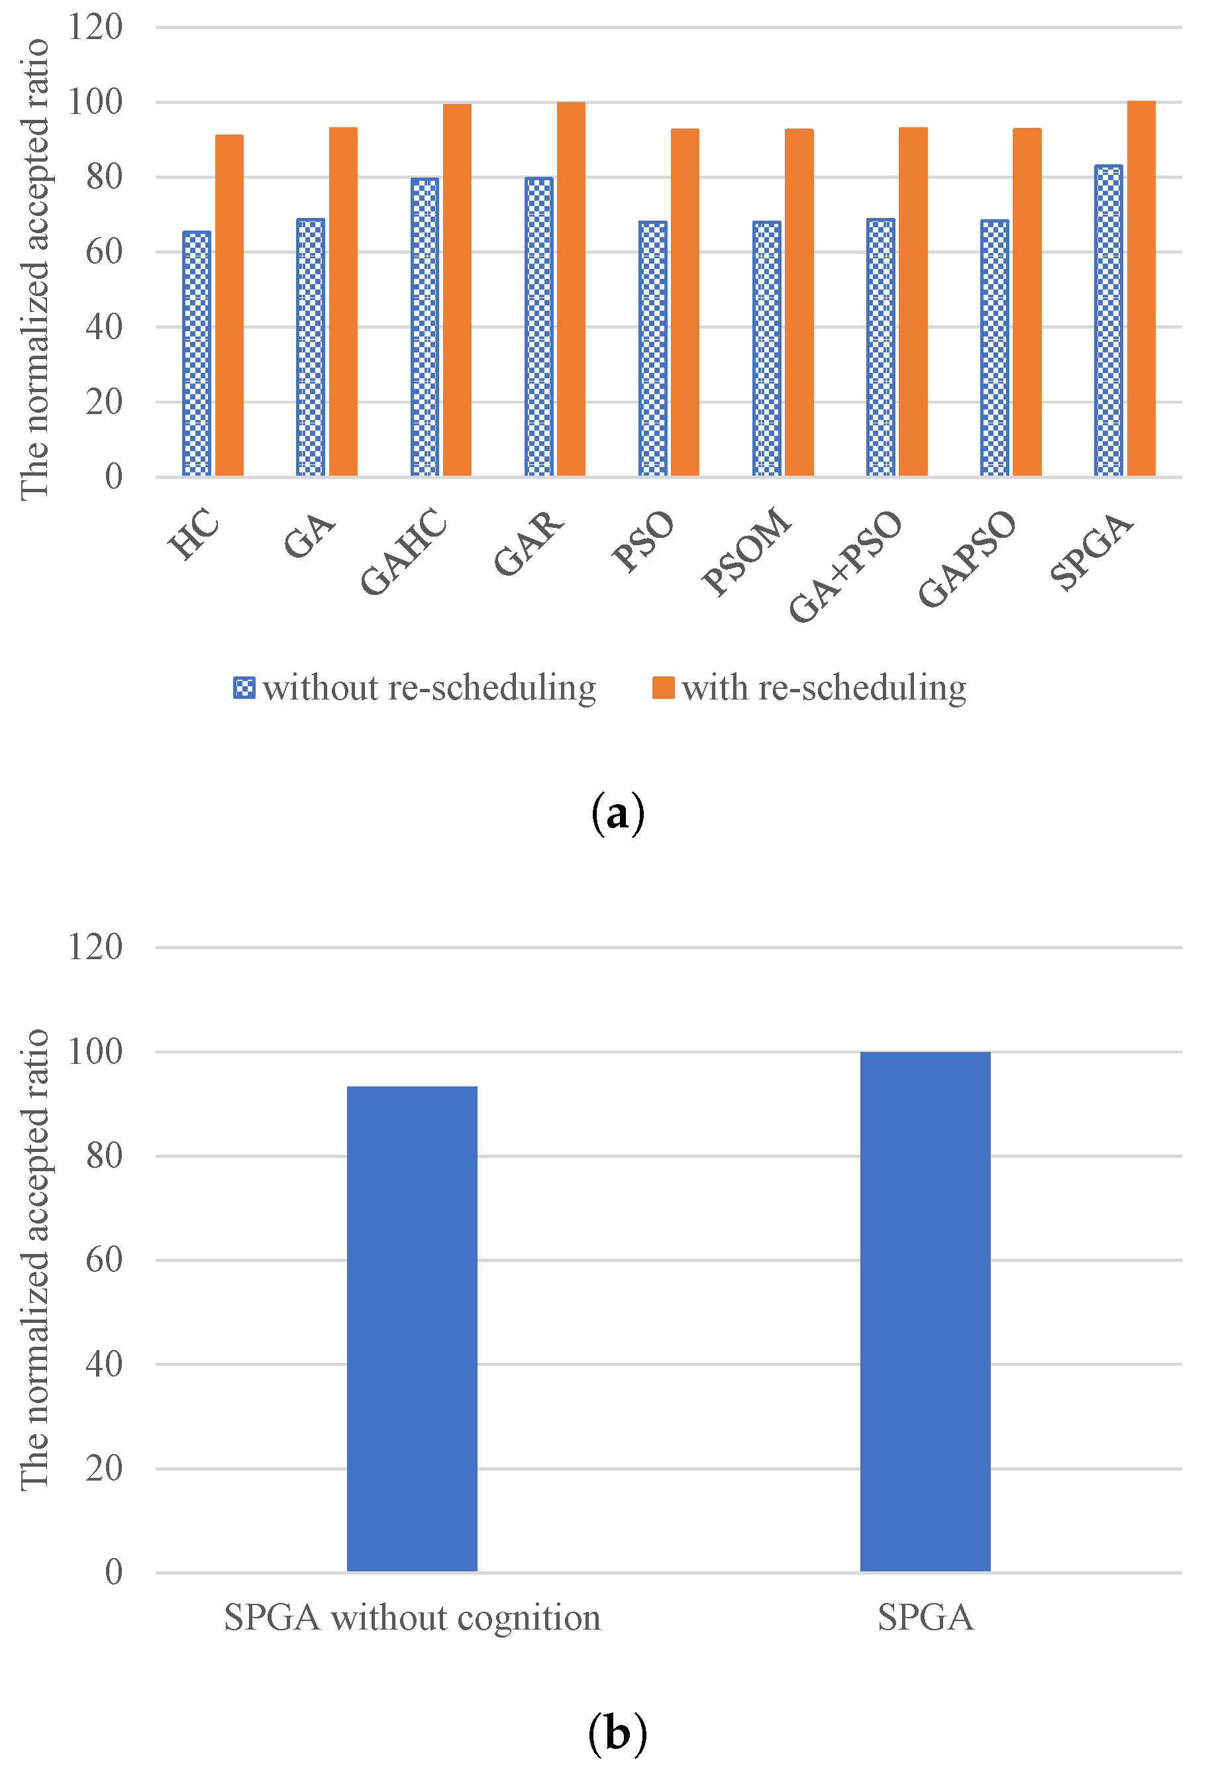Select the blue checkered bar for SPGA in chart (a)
[1109, 321]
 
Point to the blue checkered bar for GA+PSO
[880, 348]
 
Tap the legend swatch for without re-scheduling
[244, 688]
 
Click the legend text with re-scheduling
[824, 688]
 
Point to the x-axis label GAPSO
[967, 558]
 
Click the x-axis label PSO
[643, 541]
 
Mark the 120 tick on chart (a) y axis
[95, 28]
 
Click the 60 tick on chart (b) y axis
[104, 1260]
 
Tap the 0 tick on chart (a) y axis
[113, 477]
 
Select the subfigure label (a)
[617, 813]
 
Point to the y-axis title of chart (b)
[34, 1260]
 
